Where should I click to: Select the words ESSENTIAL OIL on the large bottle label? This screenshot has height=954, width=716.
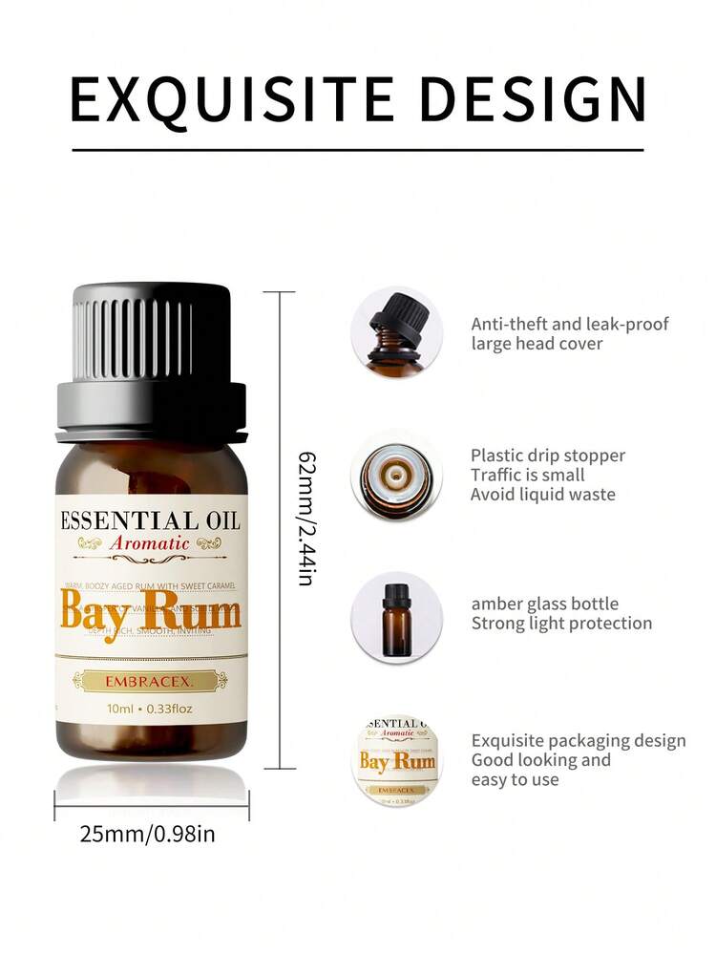click(x=151, y=520)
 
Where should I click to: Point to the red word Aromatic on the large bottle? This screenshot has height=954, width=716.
click(x=151, y=543)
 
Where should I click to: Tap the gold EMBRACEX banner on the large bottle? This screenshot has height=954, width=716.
click(x=151, y=680)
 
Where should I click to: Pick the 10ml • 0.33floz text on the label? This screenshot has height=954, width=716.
click(x=151, y=710)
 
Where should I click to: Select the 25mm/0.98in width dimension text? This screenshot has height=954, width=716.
click(x=148, y=834)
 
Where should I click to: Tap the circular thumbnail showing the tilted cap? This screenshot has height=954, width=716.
click(x=396, y=332)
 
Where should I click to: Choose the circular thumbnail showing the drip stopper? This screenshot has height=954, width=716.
click(x=396, y=475)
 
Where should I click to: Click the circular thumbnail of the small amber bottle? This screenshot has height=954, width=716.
click(x=396, y=617)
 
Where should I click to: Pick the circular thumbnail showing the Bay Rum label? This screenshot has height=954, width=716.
click(x=396, y=760)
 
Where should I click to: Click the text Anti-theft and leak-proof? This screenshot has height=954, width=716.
click(x=570, y=324)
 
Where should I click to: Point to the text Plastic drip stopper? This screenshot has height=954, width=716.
click(x=548, y=456)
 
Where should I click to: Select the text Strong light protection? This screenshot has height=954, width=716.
click(x=561, y=624)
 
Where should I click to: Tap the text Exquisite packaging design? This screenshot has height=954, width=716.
click(x=579, y=741)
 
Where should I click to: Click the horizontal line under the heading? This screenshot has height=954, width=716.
click(x=358, y=150)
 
